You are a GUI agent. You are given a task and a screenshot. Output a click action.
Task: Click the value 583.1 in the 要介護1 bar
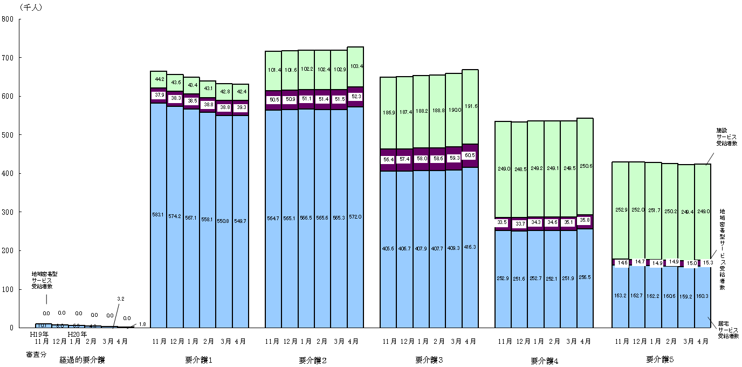[x=158, y=214]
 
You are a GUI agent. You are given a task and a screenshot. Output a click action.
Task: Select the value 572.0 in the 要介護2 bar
[x=354, y=217]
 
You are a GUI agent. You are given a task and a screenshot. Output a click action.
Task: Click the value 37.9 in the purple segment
[x=158, y=95]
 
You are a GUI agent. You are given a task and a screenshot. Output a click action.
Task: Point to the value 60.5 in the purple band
[x=470, y=155]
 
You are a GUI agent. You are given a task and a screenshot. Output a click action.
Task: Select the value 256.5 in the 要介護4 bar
[x=585, y=277]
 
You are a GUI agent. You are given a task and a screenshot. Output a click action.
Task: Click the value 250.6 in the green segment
[x=585, y=166]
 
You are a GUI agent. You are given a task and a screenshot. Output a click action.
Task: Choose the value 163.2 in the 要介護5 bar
[x=620, y=296]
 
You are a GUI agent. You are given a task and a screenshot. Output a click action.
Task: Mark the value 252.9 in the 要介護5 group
[x=620, y=209]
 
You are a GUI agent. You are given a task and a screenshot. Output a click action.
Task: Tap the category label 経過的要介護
[x=82, y=359]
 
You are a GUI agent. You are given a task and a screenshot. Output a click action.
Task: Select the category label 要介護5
[x=659, y=359]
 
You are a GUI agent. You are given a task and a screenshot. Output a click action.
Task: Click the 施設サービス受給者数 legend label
[x=727, y=138]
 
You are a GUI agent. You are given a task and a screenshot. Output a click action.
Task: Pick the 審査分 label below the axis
[x=36, y=355]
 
